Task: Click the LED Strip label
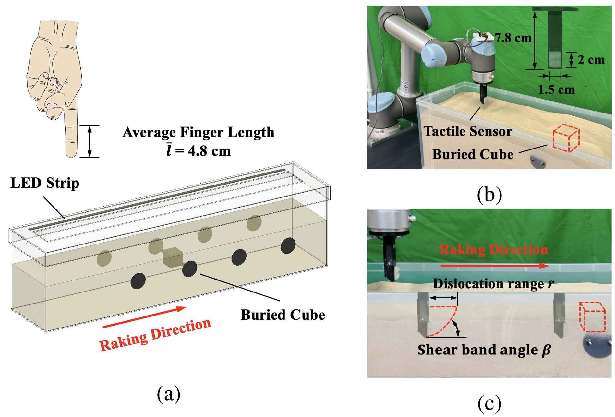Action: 45,183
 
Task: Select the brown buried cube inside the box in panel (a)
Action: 173,257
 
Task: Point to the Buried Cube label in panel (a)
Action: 283,315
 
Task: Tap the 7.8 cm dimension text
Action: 513,38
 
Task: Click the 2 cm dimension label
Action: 591,60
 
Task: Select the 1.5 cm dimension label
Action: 556,89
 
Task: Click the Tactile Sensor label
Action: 468,131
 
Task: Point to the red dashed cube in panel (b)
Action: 566,138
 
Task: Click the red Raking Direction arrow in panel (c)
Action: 495,266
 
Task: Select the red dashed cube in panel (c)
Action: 592,317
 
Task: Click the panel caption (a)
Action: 168,394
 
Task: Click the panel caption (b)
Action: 489,195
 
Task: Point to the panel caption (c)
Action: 489,403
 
